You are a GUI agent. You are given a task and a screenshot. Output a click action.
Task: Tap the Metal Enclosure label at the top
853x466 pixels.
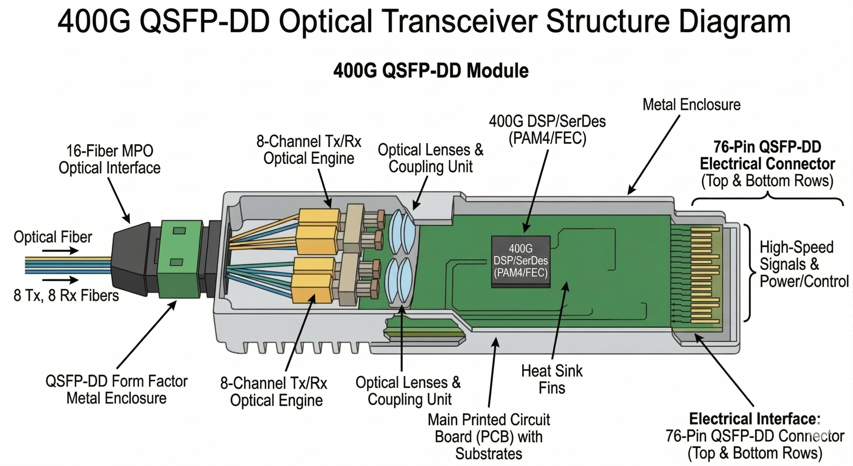[691, 105]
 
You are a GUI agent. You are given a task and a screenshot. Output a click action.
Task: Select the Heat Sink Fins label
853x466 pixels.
[552, 379]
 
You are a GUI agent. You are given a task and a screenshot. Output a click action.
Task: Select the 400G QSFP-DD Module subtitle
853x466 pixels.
[431, 71]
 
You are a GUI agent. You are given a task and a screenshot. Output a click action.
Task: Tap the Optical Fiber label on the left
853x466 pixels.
[53, 237]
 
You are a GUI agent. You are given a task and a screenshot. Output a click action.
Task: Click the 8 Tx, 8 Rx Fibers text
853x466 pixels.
[66, 295]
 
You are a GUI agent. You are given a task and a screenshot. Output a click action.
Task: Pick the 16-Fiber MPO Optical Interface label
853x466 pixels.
[110, 159]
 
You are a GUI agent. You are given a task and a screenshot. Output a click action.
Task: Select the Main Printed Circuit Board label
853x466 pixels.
[488, 437]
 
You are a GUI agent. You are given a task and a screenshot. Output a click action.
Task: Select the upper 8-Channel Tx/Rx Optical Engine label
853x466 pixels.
[309, 150]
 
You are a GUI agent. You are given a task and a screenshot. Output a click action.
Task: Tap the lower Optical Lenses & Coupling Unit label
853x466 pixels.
[408, 391]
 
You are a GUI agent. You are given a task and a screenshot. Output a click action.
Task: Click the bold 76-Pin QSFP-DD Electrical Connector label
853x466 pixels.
[767, 155]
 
